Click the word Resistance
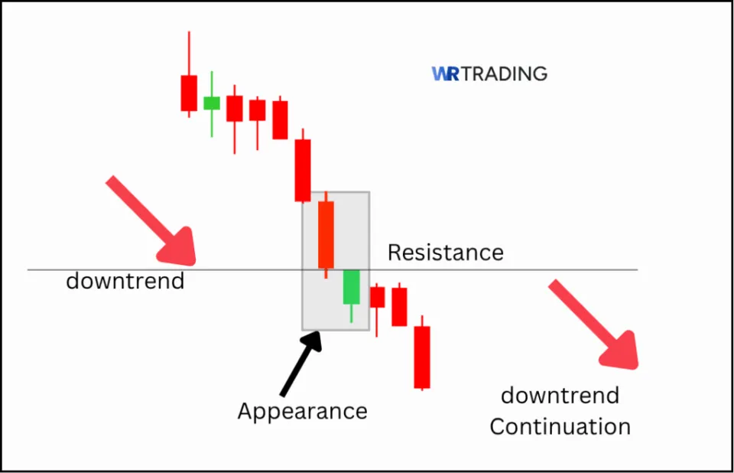(445, 253)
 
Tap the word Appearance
(302, 411)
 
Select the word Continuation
(560, 426)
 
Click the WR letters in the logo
(445, 74)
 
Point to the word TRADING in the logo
(505, 74)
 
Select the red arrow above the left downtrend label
(152, 218)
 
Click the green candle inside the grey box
(351, 287)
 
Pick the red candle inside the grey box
(326, 234)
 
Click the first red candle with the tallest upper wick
(189, 93)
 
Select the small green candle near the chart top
(212, 103)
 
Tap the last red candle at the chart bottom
(422, 357)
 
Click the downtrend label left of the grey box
(125, 282)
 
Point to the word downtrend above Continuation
(560, 396)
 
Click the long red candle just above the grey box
(303, 170)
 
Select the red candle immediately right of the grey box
(377, 297)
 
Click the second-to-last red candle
(399, 306)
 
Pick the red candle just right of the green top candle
(234, 108)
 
